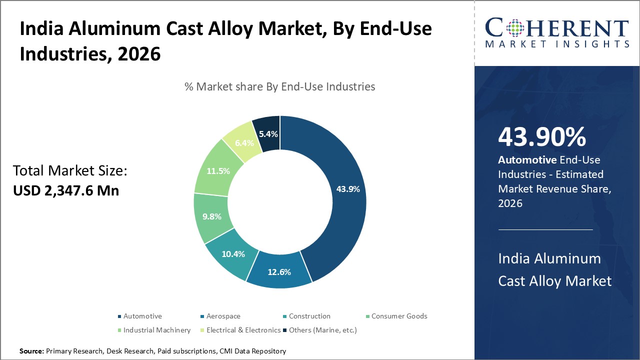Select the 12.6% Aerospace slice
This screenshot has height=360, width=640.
tap(278, 271)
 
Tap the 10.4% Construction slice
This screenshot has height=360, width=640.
tap(233, 254)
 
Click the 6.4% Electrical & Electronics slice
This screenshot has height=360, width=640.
tap(244, 143)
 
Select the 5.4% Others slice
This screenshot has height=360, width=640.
tap(267, 133)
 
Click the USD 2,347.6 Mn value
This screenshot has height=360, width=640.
tap(66, 190)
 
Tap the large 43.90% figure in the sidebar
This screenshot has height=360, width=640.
tap(542, 137)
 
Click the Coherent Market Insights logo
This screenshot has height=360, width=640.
tap(557, 33)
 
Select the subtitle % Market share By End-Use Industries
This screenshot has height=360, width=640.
tap(279, 86)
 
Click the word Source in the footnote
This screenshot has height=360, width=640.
tap(31, 351)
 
